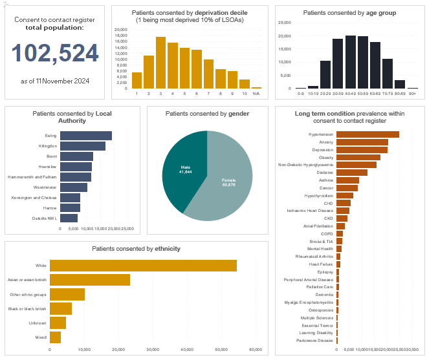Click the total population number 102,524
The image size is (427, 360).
pyautogui.click(x=54, y=54)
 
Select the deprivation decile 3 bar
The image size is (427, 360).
pyautogui.click(x=160, y=63)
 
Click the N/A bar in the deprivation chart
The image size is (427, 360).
pyautogui.click(x=256, y=87)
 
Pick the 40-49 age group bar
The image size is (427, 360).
pyautogui.click(x=350, y=62)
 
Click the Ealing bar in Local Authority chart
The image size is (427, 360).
pyautogui.click(x=85, y=136)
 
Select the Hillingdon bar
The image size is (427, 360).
pyautogui.click(x=82, y=146)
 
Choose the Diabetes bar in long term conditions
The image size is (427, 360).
pyautogui.click(x=352, y=173)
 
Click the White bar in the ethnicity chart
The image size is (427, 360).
pyautogui.click(x=143, y=266)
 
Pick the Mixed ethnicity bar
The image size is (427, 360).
pyautogui.click(x=55, y=337)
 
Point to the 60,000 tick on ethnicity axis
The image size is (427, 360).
pyautogui.click(x=255, y=350)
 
